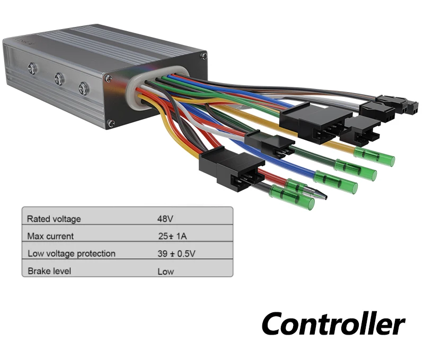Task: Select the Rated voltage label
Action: pyautogui.click(x=54, y=218)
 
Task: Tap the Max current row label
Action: pyautogui.click(x=50, y=236)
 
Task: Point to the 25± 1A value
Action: pyautogui.click(x=172, y=236)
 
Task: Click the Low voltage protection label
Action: pyautogui.click(x=71, y=253)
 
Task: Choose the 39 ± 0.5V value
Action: pyautogui.click(x=176, y=253)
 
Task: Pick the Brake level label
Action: pyautogui.click(x=49, y=271)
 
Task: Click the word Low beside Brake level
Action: pyautogui.click(x=165, y=272)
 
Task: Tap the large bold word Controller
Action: pyautogui.click(x=333, y=323)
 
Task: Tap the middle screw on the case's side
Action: pyautogui.click(x=59, y=79)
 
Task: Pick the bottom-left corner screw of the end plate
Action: pyautogui.click(x=111, y=124)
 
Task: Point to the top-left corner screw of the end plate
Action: pyautogui.click(x=108, y=78)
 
